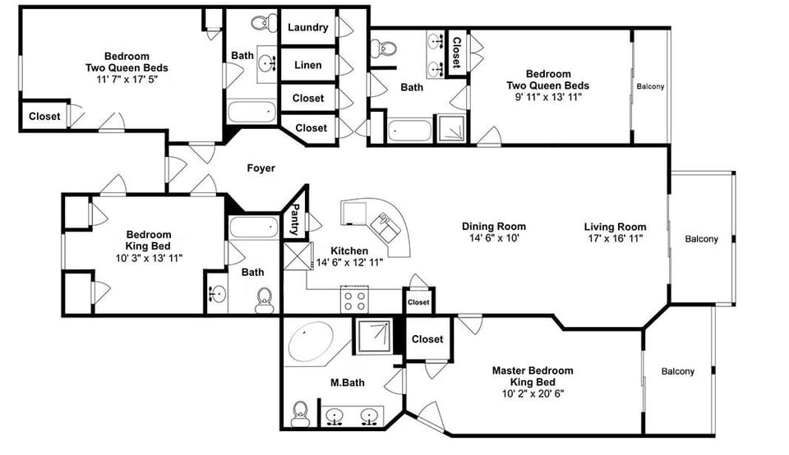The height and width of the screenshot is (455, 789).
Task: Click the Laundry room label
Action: pos(308,27)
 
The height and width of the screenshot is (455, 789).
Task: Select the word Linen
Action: pos(308,65)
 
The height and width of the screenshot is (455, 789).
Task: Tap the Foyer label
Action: pos(261,168)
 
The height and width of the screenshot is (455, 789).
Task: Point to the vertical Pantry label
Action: pos(295,218)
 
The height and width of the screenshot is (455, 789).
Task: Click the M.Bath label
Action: pos(348,382)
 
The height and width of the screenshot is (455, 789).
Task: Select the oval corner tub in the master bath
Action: pos(309,340)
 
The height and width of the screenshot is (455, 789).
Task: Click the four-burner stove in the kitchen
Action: pos(358,300)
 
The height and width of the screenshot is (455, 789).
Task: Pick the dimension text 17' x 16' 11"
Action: pos(615,238)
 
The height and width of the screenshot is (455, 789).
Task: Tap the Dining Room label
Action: pos(493,227)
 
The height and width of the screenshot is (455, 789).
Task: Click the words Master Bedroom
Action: pos(533,370)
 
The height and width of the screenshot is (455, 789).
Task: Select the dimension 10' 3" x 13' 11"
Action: pos(148,257)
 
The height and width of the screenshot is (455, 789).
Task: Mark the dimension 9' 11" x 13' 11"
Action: pos(547,97)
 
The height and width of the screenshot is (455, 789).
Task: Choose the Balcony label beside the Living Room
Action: pos(701,239)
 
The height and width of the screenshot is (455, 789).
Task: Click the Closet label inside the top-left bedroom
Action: pos(44,117)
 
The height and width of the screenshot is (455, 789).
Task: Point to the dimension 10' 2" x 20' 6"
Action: pos(533,393)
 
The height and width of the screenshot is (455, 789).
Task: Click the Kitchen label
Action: pos(349,250)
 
